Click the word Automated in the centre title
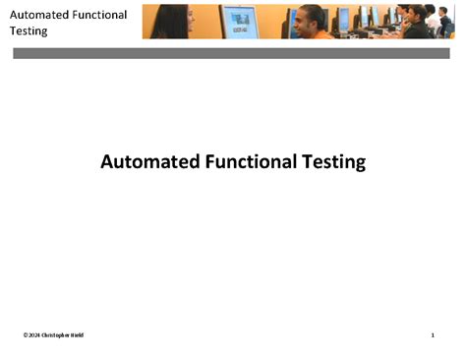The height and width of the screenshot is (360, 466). [144, 161]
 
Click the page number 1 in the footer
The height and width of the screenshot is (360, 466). [433, 335]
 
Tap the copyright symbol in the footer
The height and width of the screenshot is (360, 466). [25, 335]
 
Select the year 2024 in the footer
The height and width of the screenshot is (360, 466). [33, 335]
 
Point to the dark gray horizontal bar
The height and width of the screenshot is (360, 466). [231, 53]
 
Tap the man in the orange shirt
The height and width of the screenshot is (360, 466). [312, 25]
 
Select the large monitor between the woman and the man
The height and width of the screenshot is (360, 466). [239, 21]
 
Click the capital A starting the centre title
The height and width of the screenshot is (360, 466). [107, 161]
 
